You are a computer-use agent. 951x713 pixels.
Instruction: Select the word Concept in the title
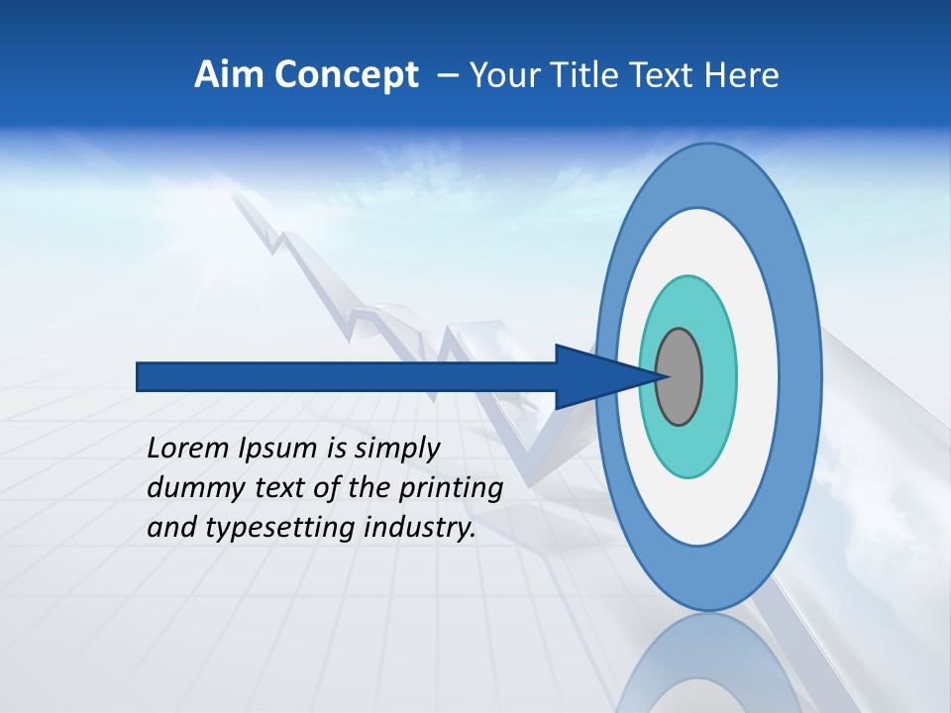347,75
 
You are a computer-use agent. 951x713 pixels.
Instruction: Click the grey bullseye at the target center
680,377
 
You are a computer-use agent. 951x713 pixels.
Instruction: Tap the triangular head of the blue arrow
594,377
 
